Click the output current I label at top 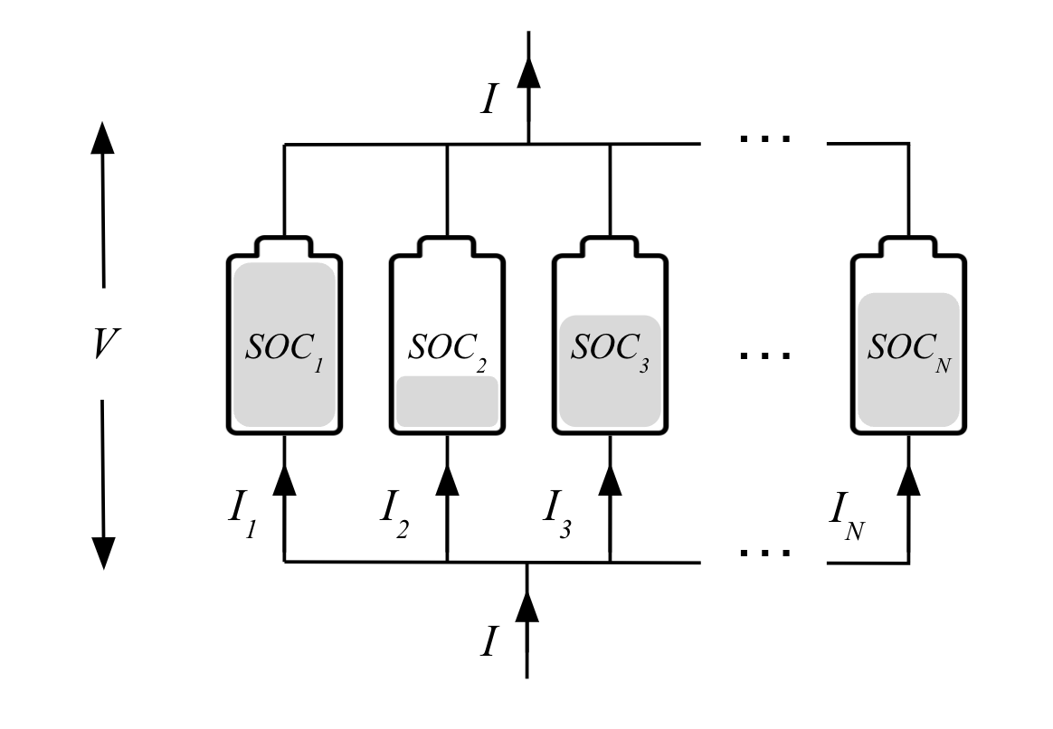489,98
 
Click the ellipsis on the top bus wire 764,138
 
